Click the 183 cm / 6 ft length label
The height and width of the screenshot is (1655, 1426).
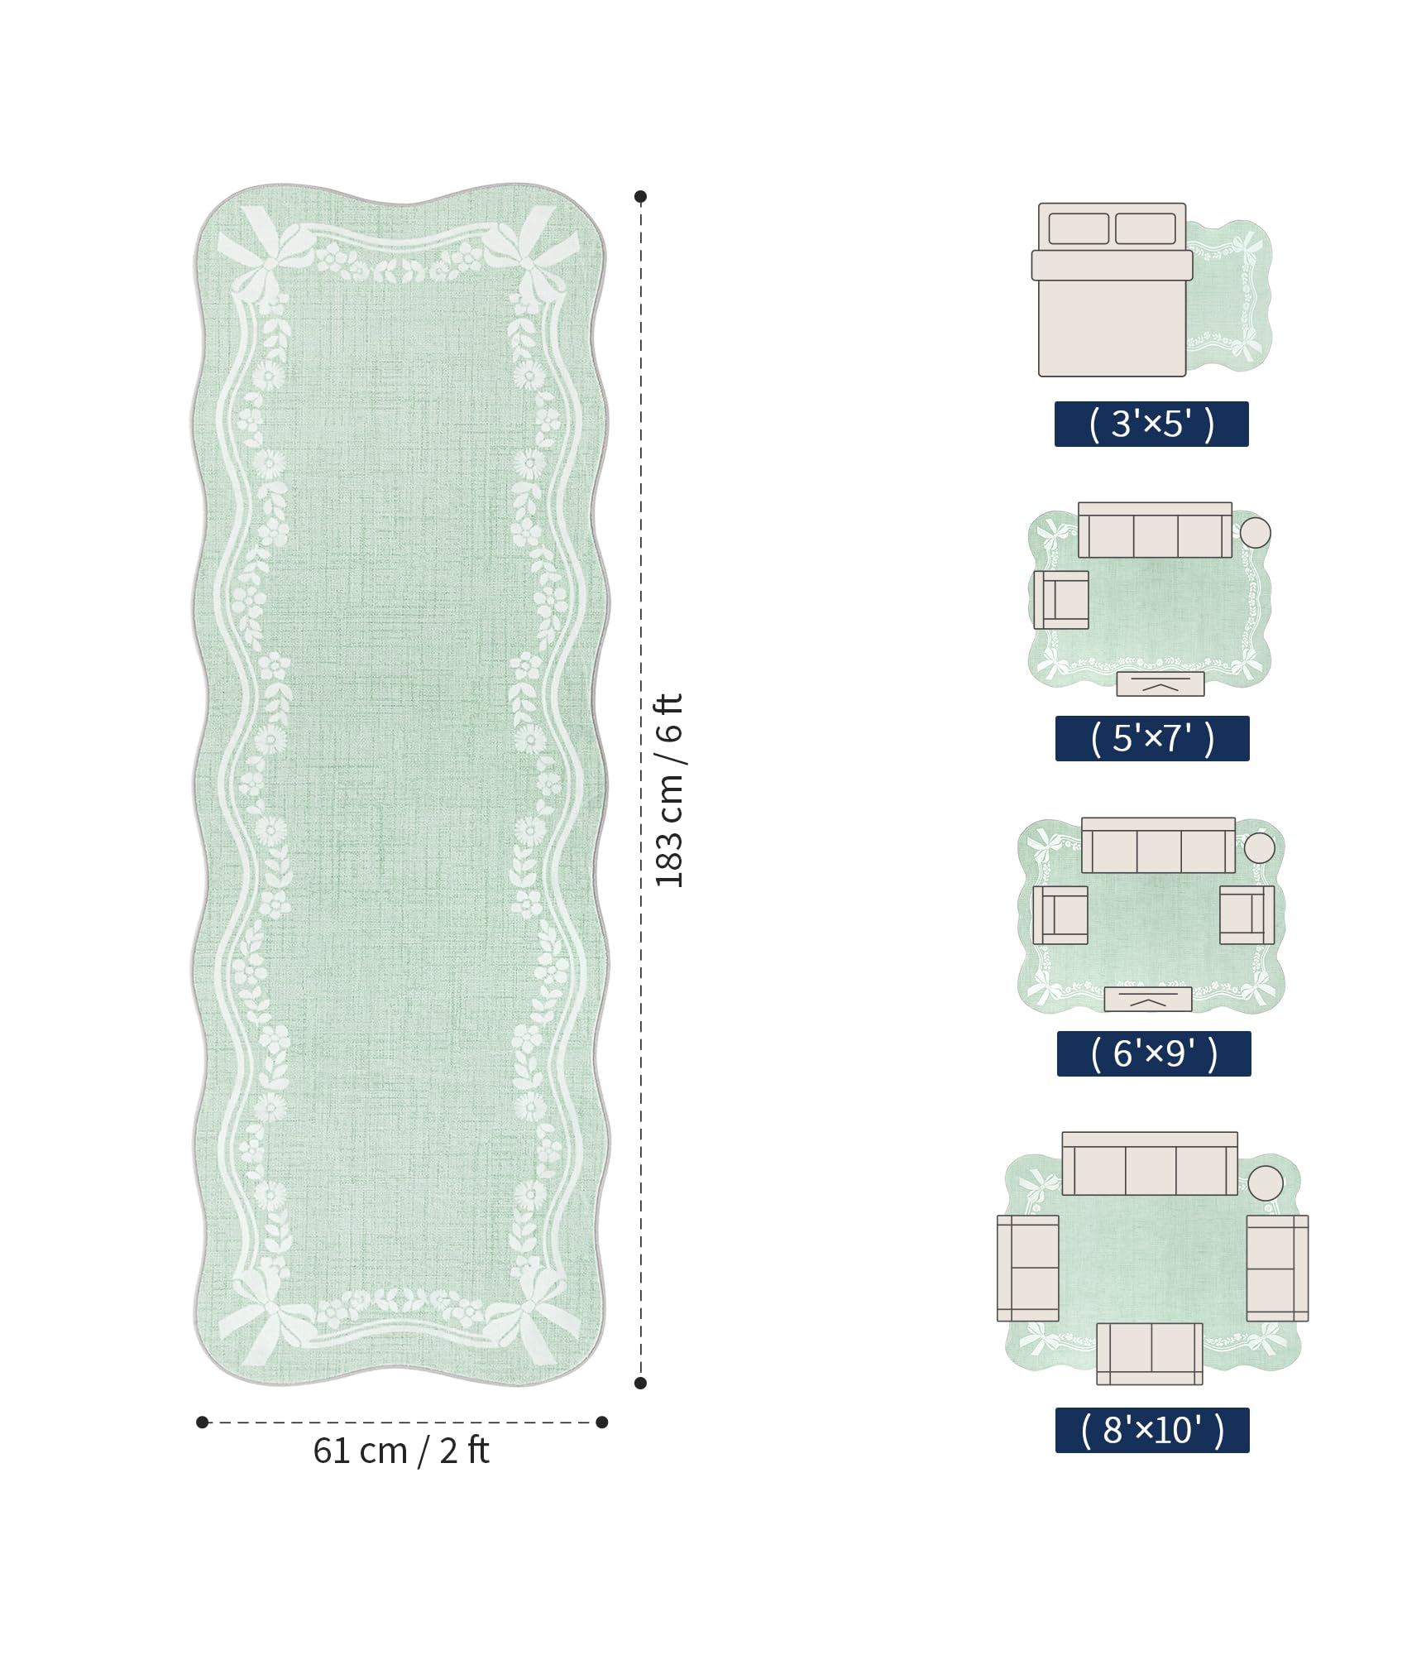[669, 790]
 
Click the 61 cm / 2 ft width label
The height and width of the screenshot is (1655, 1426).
[401, 1451]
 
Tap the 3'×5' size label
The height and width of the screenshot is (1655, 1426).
[1151, 424]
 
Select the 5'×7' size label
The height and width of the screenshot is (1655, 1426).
[1152, 738]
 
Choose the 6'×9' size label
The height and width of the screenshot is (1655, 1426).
[1154, 1053]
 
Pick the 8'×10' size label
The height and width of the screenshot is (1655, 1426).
[1152, 1430]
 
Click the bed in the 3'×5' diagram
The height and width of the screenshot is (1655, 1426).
[1113, 290]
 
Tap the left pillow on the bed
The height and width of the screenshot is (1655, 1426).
[1079, 228]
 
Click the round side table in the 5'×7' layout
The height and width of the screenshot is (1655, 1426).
[1255, 532]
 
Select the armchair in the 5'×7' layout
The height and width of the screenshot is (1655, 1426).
[1061, 600]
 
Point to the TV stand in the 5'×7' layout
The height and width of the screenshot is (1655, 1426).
[1160, 684]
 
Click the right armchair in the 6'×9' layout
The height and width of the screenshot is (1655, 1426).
[1247, 915]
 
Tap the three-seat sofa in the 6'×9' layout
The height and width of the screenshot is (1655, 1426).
[1158, 845]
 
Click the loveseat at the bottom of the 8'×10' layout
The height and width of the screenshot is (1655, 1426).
[1150, 1354]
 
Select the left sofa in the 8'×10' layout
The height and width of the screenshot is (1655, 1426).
[1028, 1269]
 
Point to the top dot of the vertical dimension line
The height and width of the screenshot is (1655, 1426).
[640, 196]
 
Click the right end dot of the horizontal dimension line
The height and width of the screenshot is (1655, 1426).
[602, 1422]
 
